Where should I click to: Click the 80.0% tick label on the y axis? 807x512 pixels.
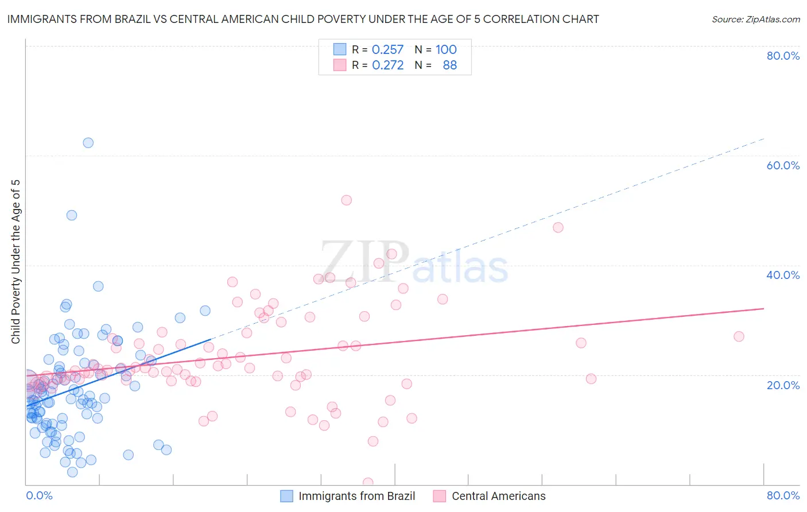click(783, 56)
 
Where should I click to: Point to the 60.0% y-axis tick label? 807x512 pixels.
click(783, 165)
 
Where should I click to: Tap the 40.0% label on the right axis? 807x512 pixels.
click(783, 275)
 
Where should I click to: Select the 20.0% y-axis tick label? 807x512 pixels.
click(783, 385)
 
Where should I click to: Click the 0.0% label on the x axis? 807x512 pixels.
click(39, 495)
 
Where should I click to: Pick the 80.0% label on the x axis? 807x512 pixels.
click(783, 495)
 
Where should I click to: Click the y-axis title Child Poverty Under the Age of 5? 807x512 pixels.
click(15, 262)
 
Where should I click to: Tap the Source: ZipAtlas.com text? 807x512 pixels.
click(755, 20)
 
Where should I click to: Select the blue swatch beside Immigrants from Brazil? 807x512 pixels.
click(286, 496)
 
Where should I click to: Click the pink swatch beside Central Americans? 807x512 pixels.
click(440, 496)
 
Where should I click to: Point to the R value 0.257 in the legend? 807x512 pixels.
click(387, 50)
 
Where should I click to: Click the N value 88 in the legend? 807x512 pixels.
click(449, 65)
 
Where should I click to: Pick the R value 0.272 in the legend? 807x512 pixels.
click(387, 65)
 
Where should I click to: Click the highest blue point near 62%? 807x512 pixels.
click(88, 143)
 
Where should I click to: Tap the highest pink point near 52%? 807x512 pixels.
click(346, 200)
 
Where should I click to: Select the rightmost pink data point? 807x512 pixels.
click(739, 336)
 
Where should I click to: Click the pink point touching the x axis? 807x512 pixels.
click(368, 483)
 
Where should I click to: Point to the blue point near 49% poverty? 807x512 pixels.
click(72, 215)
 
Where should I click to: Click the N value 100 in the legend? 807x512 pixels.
click(446, 50)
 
